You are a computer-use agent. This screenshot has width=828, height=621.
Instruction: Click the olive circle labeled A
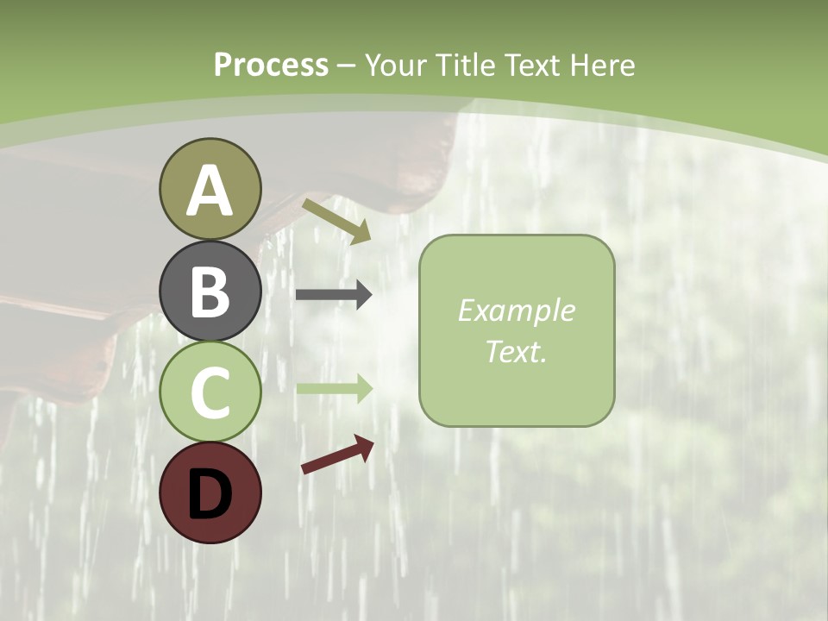pos(210,189)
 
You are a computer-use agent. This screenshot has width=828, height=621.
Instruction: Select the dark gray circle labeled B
pos(210,291)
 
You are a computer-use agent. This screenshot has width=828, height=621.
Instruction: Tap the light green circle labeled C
pos(210,392)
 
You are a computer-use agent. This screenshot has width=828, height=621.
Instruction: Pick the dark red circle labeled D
pos(210,492)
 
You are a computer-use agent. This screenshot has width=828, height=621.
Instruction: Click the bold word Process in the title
pos(271,66)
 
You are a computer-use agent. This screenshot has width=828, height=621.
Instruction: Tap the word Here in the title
pos(605,66)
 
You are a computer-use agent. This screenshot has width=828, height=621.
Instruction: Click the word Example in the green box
pos(516,310)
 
